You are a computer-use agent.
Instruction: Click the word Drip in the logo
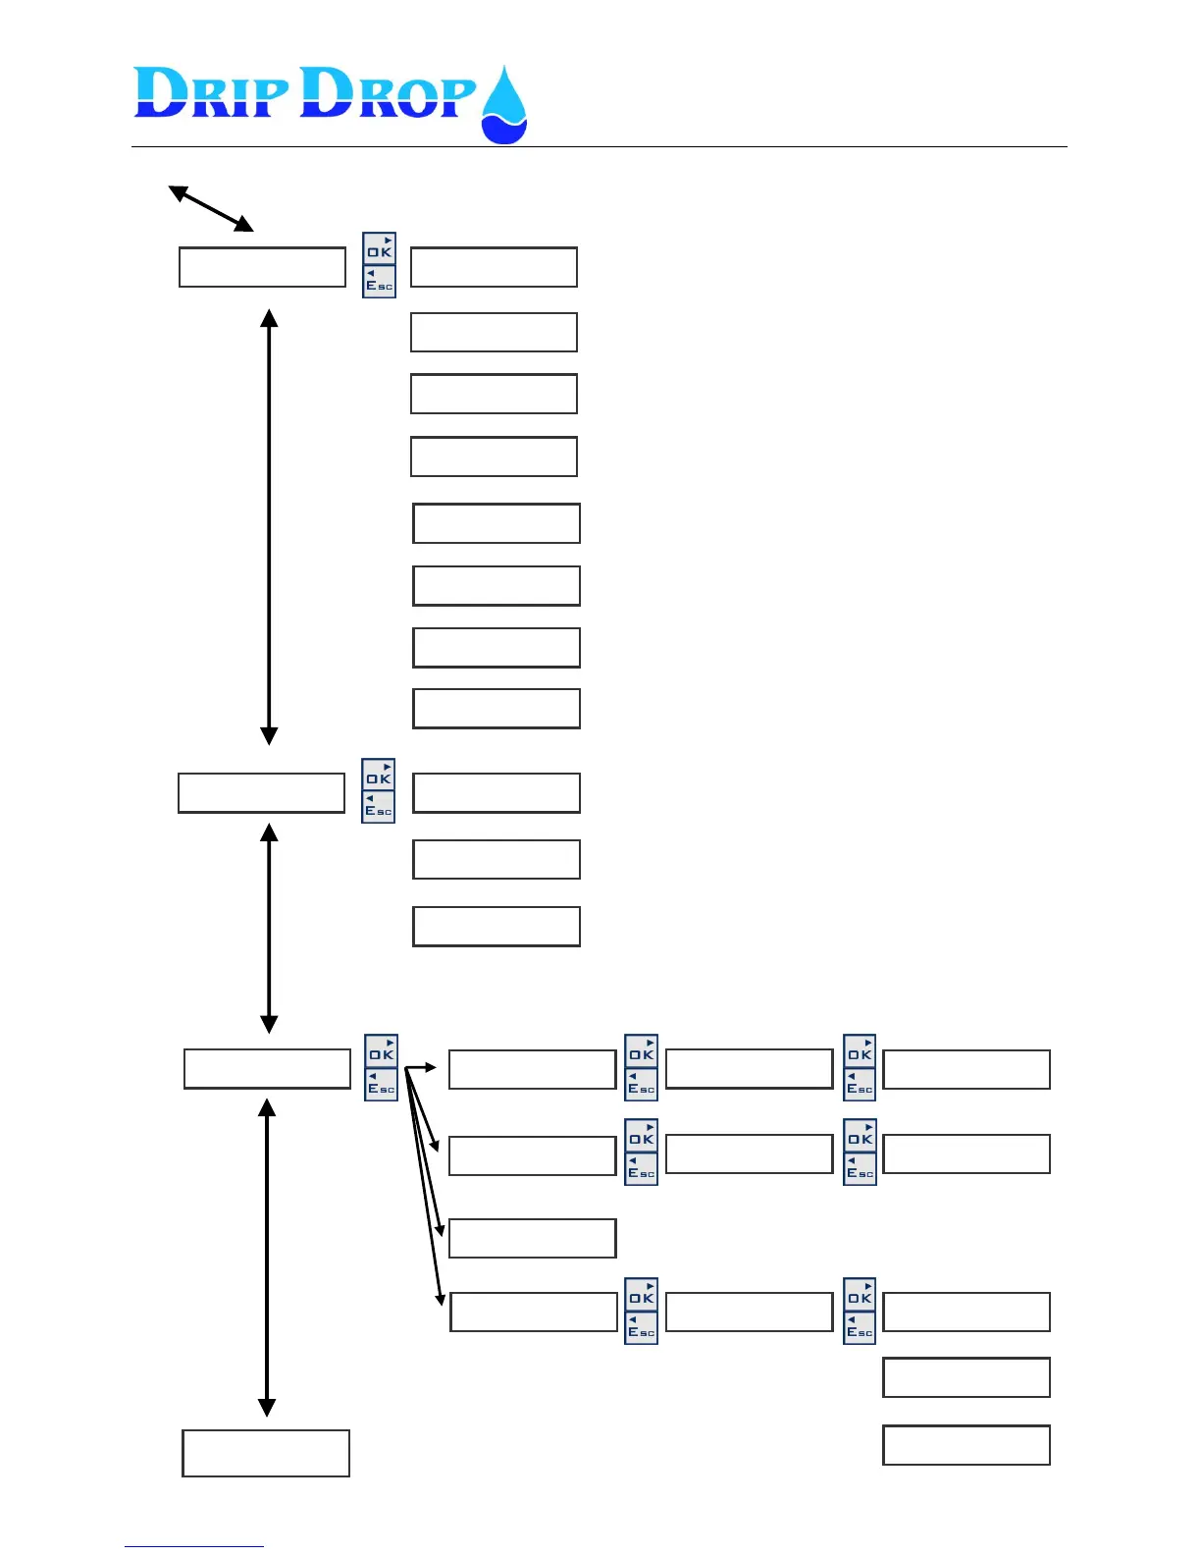pyautogui.click(x=211, y=94)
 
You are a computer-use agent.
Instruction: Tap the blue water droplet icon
pyautogui.click(x=504, y=106)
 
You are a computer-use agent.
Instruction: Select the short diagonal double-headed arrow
pyautogui.click(x=211, y=208)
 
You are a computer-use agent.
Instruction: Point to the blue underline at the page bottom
pyautogui.click(x=193, y=1546)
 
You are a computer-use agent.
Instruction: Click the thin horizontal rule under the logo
pyautogui.click(x=599, y=147)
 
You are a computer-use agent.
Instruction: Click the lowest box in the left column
pyautogui.click(x=266, y=1453)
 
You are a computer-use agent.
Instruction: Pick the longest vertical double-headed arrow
pyautogui.click(x=269, y=527)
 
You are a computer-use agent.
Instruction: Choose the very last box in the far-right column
pyautogui.click(x=966, y=1445)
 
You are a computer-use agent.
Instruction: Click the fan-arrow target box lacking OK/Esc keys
pyautogui.click(x=532, y=1238)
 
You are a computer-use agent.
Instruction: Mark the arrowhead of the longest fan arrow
pyautogui.click(x=441, y=1299)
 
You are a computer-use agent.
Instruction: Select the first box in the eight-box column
pyautogui.click(x=494, y=267)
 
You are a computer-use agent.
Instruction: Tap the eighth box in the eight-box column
pyautogui.click(x=496, y=709)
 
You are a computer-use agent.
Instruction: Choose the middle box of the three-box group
pyautogui.click(x=496, y=859)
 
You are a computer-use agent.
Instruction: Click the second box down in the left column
pyautogui.click(x=261, y=793)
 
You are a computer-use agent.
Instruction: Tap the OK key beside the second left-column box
pyautogui.click(x=379, y=776)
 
